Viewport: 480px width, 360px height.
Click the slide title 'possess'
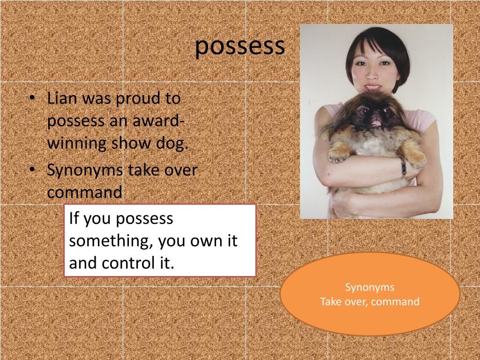tap(240, 46)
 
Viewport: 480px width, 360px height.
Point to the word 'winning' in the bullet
tap(76, 143)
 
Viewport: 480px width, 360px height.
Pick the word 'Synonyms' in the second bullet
tap(83, 170)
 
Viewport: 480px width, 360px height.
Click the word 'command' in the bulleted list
tap(84, 193)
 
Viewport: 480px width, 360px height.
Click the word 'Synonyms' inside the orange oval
tap(370, 287)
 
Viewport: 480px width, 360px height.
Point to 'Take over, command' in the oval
tap(370, 301)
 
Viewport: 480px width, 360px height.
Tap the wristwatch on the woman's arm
tap(403, 166)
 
